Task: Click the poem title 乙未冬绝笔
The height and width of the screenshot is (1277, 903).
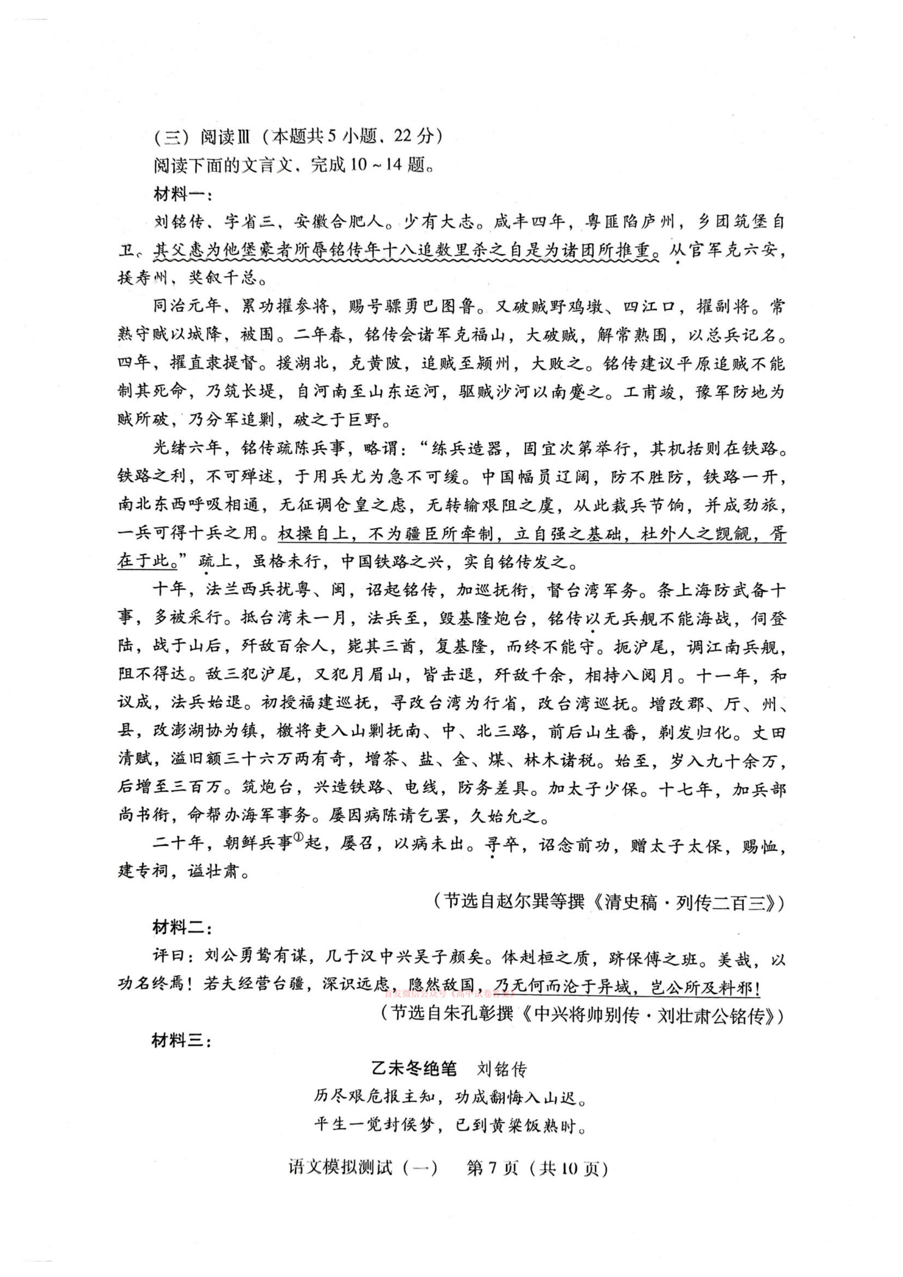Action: (x=413, y=1069)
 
